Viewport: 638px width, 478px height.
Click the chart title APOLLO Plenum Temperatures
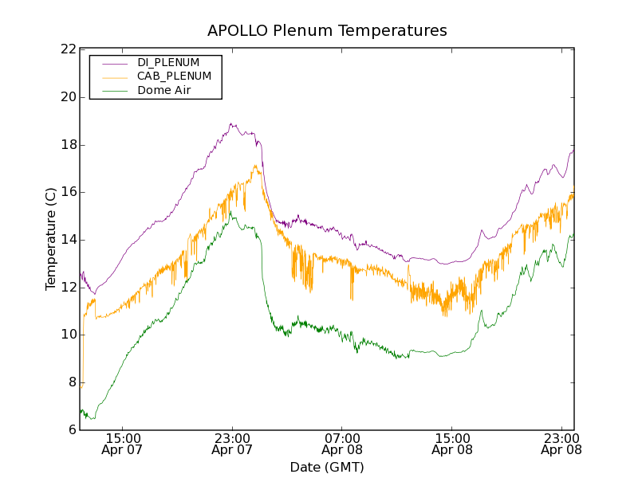point(327,31)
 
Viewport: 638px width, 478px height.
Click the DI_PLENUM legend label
point(168,62)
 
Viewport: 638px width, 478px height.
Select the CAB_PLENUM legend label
point(174,76)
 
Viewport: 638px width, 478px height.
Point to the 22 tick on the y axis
point(68,49)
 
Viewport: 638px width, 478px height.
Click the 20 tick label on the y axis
point(68,97)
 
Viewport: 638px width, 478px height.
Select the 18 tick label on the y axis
point(68,145)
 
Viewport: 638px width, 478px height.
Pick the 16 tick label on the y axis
point(68,192)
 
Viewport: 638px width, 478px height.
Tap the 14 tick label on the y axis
point(68,240)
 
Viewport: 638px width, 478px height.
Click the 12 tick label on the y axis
point(68,287)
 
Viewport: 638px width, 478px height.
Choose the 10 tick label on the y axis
point(68,335)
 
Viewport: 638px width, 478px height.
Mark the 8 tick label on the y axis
point(71,382)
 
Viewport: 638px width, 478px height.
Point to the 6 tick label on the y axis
point(71,429)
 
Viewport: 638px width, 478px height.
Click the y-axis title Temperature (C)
point(51,239)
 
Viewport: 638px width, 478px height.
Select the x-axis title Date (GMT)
point(327,467)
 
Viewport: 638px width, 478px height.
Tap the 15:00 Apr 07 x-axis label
point(123,444)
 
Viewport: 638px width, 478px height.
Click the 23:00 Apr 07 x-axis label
point(233,444)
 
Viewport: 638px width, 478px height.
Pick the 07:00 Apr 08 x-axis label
point(343,444)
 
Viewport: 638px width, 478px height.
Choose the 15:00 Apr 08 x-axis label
point(452,444)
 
